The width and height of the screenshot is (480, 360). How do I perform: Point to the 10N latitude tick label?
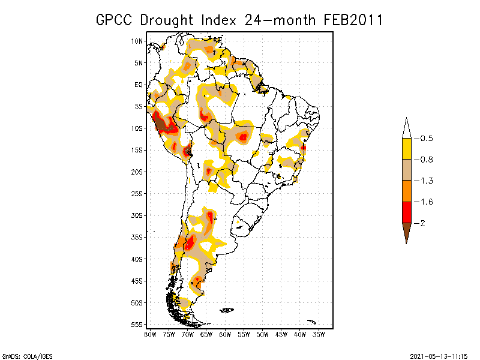tap(137, 41)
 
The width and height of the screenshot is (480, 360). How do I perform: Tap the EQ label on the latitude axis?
tap(139, 85)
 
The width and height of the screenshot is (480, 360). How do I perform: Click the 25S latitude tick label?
tap(137, 193)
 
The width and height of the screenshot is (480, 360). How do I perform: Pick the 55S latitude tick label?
tap(137, 324)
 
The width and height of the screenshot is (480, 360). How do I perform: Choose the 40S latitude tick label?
tap(137, 259)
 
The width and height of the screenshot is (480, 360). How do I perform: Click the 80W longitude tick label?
tap(150, 334)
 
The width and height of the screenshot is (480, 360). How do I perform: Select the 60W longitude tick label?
tap(225, 334)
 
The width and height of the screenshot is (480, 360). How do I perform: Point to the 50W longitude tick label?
tap(263, 334)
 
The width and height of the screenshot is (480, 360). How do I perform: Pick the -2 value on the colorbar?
tap(421, 223)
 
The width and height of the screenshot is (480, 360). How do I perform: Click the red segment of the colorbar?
tap(406, 212)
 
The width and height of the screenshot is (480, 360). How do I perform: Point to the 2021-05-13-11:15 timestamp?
tap(439, 355)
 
